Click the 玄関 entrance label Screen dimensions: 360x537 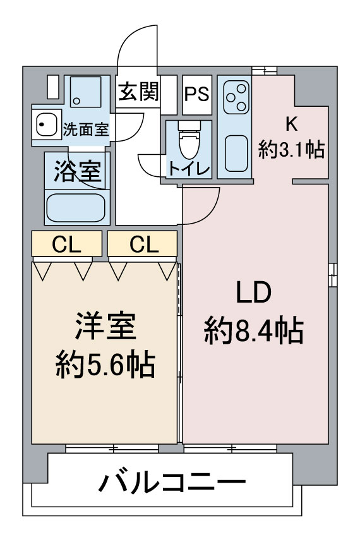point(139,92)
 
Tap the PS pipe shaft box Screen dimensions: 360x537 point(197,95)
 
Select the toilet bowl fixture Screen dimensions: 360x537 point(189,140)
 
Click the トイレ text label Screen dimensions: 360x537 point(189,169)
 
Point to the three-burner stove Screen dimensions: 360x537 point(236,97)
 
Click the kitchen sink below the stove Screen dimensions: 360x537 point(236,154)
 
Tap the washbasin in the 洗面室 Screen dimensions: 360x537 point(46,124)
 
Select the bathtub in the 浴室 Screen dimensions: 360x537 point(75,208)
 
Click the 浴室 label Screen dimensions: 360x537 point(78,171)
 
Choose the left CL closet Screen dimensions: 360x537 point(67,243)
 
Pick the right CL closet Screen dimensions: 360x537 point(142,243)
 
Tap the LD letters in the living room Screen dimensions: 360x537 point(254,292)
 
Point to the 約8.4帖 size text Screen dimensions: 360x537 point(254,330)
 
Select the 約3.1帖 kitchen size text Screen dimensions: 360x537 point(291,149)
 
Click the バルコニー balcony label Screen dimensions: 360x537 point(172,482)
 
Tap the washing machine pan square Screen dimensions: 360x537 point(86,92)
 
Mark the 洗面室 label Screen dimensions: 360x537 point(86,130)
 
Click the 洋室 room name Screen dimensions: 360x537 point(105,326)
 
